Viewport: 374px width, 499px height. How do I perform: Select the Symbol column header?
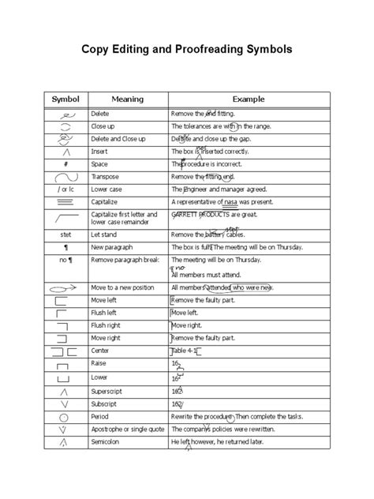tap(66, 99)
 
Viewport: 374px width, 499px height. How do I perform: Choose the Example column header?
tap(247, 99)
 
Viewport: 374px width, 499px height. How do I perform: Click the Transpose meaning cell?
tap(106, 176)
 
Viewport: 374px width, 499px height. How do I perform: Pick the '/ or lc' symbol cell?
tap(65, 189)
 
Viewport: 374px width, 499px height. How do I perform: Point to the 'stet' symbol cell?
tap(65, 234)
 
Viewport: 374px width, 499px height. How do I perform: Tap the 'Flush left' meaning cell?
tap(106, 313)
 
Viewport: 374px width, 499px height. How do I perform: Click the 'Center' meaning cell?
tap(102, 350)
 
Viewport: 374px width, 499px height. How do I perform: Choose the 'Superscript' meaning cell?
tap(109, 390)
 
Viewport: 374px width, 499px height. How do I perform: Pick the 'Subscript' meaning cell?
tap(107, 403)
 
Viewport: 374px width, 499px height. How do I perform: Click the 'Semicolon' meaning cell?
tap(108, 441)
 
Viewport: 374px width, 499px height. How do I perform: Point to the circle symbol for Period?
tap(65, 415)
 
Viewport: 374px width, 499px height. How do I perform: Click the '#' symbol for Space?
tap(65, 163)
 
